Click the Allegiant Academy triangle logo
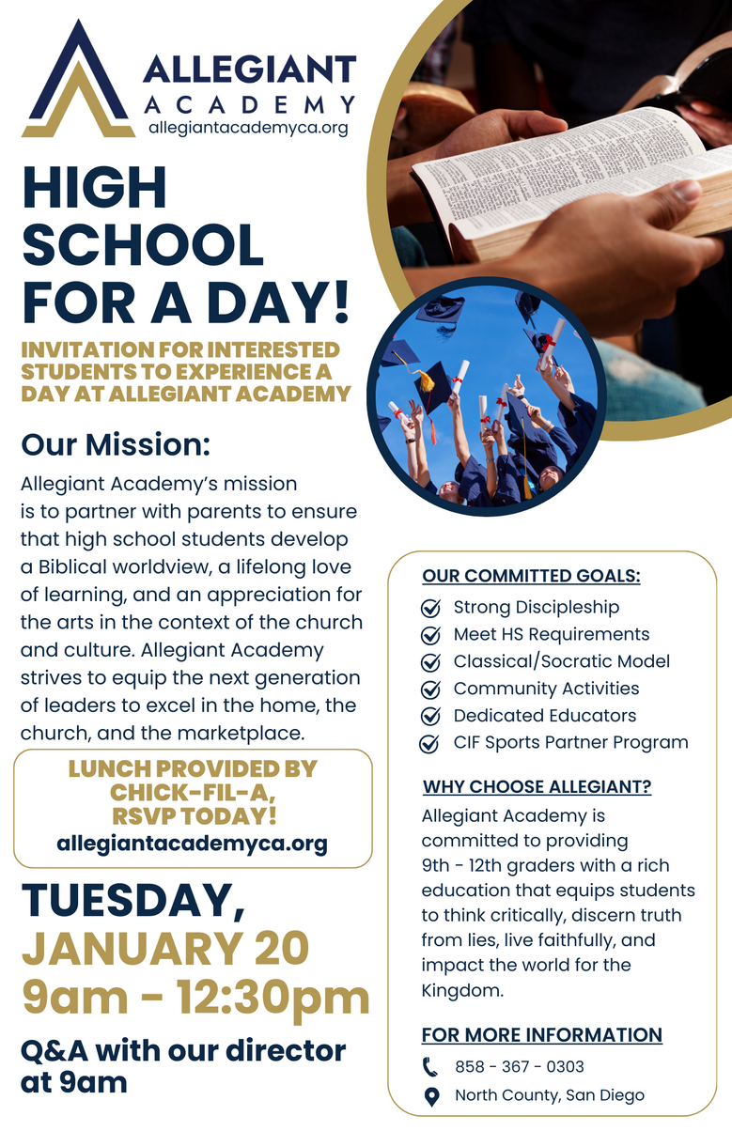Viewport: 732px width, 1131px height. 78,83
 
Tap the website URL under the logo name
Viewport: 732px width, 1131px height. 248,128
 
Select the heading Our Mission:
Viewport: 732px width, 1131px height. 117,442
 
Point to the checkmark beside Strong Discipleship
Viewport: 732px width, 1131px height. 430,608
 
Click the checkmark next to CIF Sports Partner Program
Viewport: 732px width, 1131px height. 430,744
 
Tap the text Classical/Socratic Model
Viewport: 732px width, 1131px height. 561,661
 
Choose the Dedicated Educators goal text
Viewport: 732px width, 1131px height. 544,716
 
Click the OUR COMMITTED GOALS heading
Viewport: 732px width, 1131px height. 531,576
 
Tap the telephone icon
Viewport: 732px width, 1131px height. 430,1066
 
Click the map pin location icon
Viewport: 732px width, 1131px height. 430,1095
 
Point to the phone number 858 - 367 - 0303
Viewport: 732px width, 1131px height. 519,1066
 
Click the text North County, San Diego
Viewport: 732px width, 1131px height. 549,1095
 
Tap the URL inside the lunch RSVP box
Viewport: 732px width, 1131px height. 192,844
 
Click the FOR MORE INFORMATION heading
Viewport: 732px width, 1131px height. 541,1035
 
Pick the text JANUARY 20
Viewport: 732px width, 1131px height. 165,949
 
